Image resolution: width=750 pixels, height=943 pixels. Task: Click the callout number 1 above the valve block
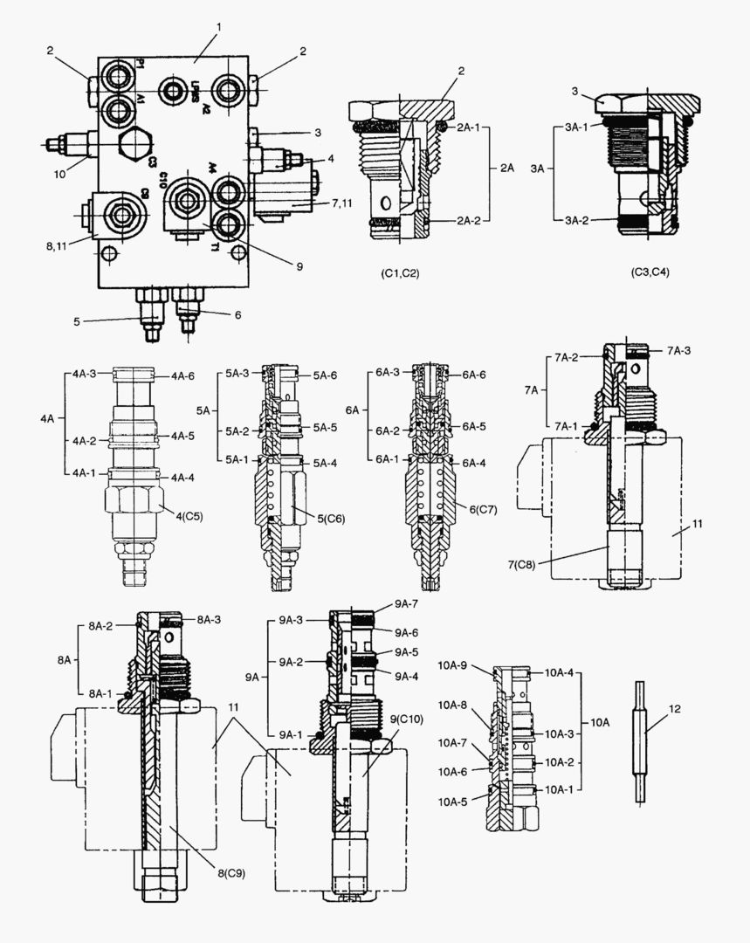(219, 27)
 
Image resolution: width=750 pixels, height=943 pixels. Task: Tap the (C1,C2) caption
(400, 273)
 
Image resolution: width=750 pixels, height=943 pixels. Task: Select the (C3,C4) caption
(650, 272)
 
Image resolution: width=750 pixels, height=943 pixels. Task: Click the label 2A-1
(471, 127)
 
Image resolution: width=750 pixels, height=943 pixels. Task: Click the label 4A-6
(182, 376)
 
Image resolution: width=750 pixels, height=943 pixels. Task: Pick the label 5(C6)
(331, 519)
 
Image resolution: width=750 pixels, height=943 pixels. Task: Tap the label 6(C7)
(481, 509)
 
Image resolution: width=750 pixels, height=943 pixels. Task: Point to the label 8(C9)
(232, 871)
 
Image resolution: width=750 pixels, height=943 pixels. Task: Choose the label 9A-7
(406, 603)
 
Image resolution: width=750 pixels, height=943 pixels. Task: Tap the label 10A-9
(453, 666)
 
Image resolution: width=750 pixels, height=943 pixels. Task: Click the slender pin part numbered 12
(639, 742)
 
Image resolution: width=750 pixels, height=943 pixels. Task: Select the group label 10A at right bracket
(602, 723)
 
